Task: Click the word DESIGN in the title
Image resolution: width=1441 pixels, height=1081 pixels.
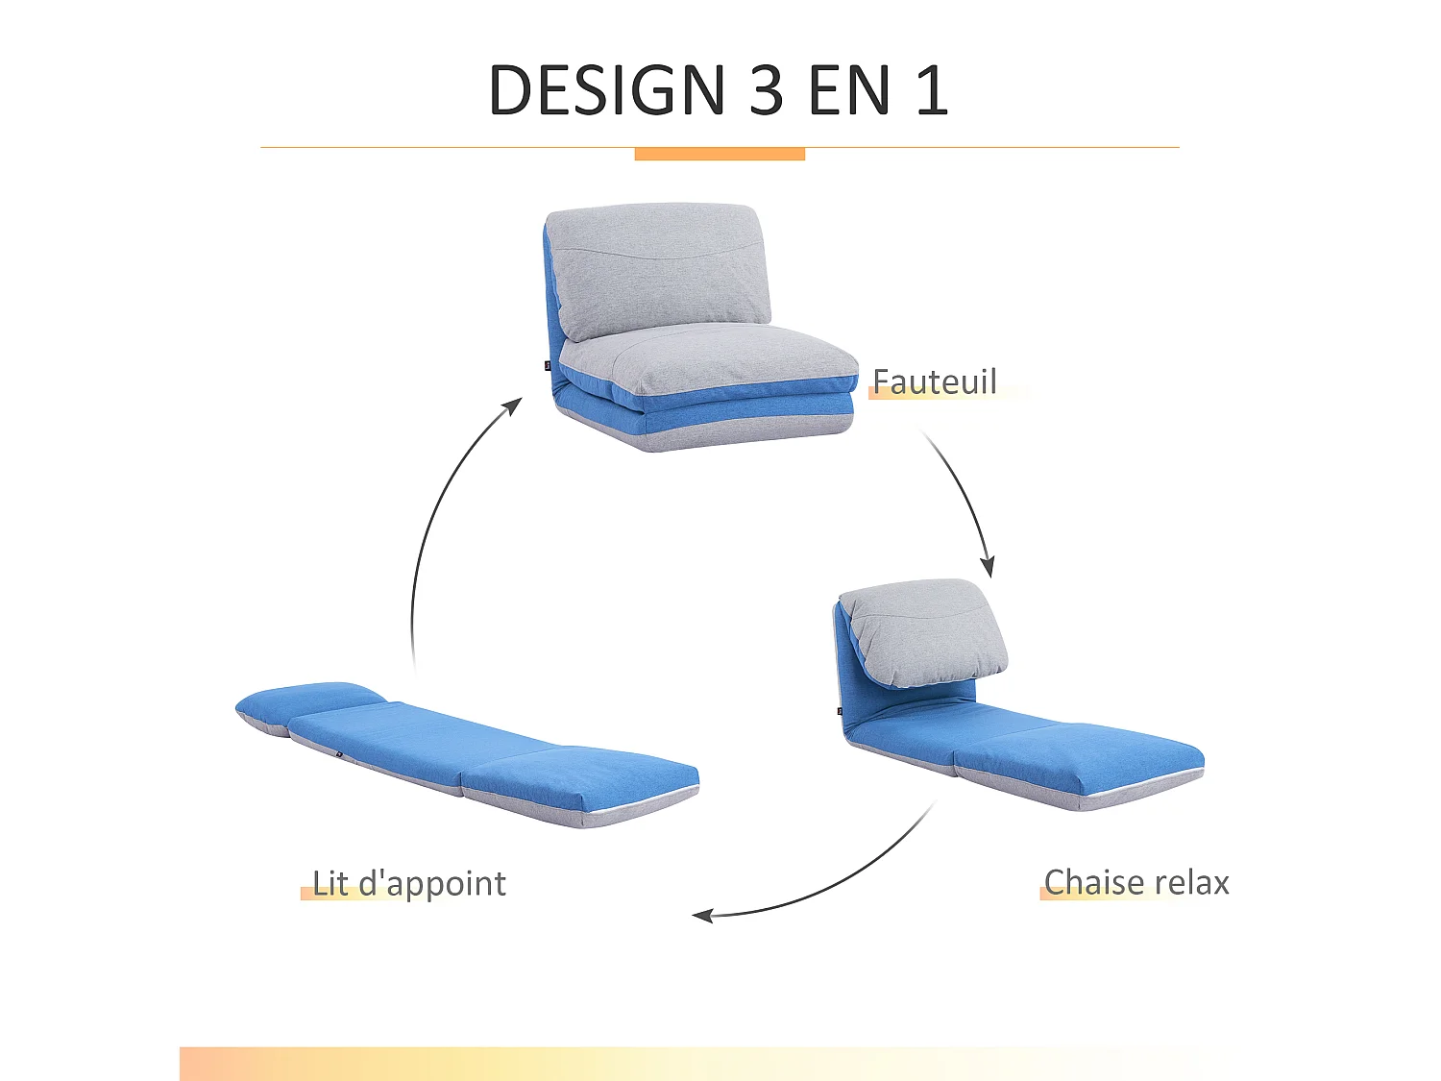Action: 606,90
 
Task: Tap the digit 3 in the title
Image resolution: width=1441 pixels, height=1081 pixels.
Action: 767,90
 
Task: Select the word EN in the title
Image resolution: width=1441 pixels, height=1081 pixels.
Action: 849,90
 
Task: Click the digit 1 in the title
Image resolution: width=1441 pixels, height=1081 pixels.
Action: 932,90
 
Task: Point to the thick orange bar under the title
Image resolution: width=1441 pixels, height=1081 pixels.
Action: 720,154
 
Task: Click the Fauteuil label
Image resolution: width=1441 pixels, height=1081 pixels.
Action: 935,381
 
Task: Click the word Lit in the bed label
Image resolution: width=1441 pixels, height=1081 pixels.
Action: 330,883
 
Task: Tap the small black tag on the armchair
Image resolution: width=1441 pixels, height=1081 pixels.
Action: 548,365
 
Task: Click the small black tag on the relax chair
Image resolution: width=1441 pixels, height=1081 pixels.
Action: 840,711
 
